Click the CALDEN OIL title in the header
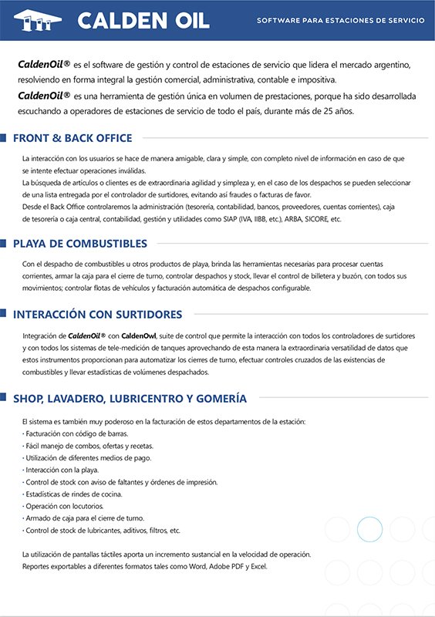pos(143,20)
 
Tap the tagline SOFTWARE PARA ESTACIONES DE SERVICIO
pos(340,20)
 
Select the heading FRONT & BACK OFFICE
pos(72,139)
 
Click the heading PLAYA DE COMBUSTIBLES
pos(80,244)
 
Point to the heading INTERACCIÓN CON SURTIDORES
pos(97,315)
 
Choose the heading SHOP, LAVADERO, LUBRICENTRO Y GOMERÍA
pos(130,399)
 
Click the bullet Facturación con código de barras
pos(76,434)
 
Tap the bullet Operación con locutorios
pos(67,506)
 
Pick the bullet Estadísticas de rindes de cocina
pos(74,494)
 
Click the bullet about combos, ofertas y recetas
pos(77,446)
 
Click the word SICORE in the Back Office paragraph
pos(314,219)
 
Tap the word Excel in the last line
pos(258,567)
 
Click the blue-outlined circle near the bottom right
pos(369,529)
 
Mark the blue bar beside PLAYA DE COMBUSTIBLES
pos(6,244)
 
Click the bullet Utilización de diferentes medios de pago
pos(89,458)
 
